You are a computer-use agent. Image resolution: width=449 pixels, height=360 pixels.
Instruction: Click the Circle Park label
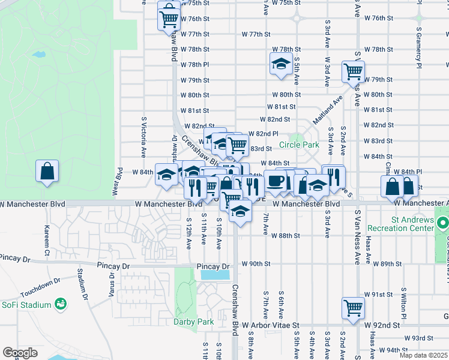point(299,145)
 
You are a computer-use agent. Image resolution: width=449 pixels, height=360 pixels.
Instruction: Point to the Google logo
point(19,353)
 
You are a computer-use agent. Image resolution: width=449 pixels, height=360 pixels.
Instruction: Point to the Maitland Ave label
point(335,108)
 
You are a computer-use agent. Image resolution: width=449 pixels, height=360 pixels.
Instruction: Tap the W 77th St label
point(256,34)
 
